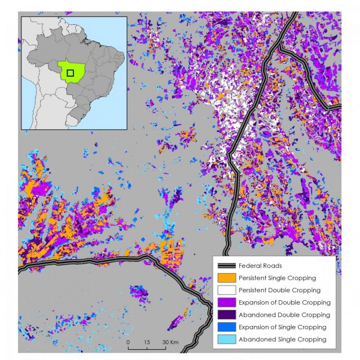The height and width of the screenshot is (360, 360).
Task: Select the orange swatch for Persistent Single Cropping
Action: (x=225, y=278)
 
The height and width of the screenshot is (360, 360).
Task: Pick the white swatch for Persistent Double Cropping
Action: (x=225, y=290)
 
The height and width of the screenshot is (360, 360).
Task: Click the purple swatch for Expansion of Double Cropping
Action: (x=225, y=302)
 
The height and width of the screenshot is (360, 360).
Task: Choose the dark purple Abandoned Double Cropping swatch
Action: (x=225, y=315)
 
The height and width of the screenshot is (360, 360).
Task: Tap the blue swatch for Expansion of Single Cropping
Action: (x=225, y=327)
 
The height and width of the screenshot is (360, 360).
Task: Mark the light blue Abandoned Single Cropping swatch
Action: (x=225, y=339)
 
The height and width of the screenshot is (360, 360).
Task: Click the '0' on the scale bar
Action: (x=128, y=343)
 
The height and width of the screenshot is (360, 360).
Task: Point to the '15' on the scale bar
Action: (x=147, y=343)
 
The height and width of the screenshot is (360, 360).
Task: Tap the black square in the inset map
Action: (x=71, y=73)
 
